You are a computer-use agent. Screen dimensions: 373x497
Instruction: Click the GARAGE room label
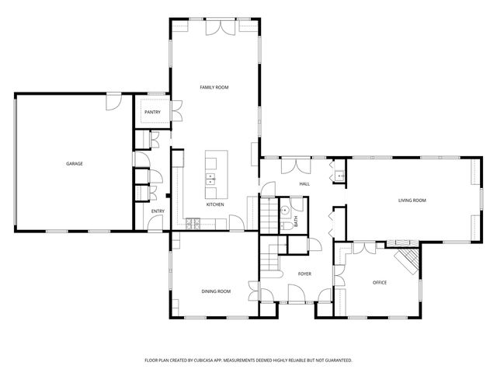[75, 164]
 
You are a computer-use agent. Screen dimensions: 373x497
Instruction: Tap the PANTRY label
[152, 113]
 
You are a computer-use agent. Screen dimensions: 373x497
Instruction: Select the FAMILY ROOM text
[214, 88]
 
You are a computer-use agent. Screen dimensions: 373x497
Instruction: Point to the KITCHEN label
[215, 204]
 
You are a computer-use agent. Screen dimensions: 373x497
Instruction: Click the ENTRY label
[158, 211]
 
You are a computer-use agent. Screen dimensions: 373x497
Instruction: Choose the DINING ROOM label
[216, 291]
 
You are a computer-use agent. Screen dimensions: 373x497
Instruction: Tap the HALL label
[304, 184]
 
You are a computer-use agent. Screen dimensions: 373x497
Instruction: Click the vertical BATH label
[296, 221]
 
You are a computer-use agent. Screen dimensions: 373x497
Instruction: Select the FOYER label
[304, 274]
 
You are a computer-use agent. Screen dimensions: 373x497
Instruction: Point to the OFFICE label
[379, 282]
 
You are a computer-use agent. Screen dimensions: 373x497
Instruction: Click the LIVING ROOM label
[412, 200]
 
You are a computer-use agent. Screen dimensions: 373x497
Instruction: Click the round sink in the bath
[285, 210]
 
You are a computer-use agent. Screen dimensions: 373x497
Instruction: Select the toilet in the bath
[286, 224]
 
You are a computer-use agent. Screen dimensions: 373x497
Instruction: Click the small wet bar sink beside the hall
[339, 175]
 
